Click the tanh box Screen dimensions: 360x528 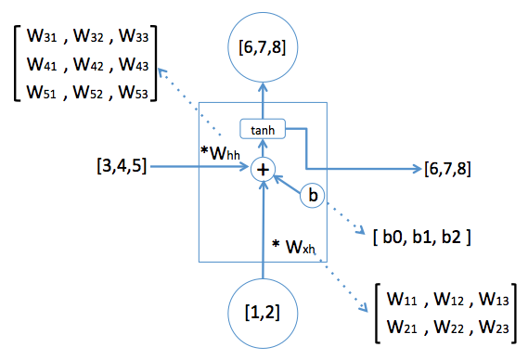coord(263,130)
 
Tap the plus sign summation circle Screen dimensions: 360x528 coord(263,168)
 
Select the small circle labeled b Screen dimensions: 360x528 coord(312,197)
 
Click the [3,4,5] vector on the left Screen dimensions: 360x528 coord(120,168)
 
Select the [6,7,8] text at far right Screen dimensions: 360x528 coord(447,168)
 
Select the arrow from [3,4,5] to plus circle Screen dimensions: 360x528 coord(200,168)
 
